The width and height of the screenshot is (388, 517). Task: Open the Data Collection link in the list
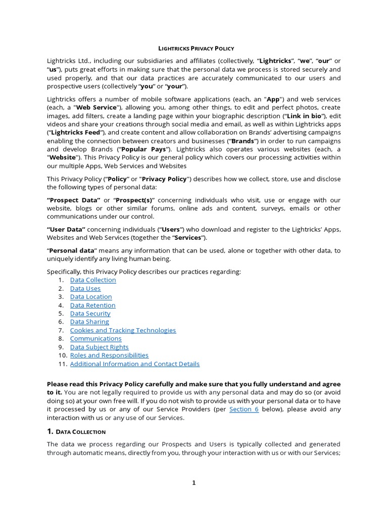pos(93,280)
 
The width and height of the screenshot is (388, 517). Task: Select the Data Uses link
pos(85,288)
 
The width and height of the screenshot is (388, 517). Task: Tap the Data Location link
pos(91,297)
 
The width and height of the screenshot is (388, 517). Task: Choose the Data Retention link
pos(93,305)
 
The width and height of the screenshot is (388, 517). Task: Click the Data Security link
pos(90,314)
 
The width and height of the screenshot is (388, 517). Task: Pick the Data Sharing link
pos(89,322)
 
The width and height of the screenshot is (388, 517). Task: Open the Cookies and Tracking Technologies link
pos(123,330)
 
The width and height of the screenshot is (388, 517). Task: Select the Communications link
pos(95,338)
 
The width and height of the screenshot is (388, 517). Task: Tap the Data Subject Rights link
pos(99,347)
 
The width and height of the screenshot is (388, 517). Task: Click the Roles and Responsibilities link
pos(109,355)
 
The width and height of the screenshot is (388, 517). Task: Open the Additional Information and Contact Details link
pos(134,364)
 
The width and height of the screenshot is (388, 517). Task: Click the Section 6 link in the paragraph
pos(244,409)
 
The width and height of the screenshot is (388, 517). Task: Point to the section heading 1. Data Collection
pos(76,432)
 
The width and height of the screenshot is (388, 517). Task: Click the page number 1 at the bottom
pos(193,483)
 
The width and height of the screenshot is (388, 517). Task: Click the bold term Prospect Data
pos(74,200)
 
